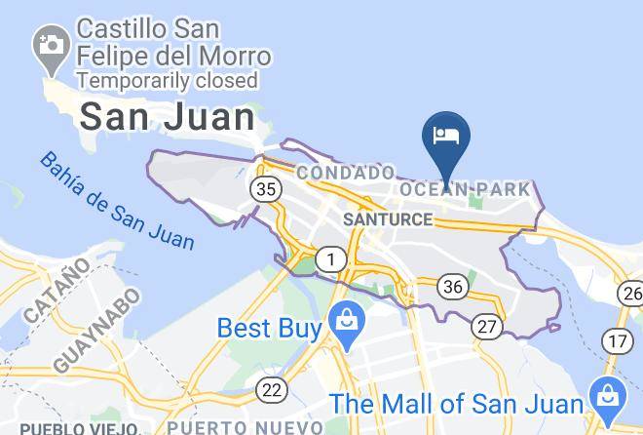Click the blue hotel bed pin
[x=446, y=137]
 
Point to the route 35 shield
[x=265, y=188]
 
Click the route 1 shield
[x=333, y=259]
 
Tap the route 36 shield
[x=452, y=286]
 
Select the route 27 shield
[x=487, y=326]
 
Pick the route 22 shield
[x=273, y=390]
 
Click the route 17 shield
[x=617, y=340]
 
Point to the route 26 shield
[x=631, y=292]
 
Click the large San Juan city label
[x=167, y=117]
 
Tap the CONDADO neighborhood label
[x=346, y=173]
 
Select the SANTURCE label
[x=387, y=219]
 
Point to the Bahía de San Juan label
[x=117, y=200]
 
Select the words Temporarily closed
[x=168, y=80]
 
